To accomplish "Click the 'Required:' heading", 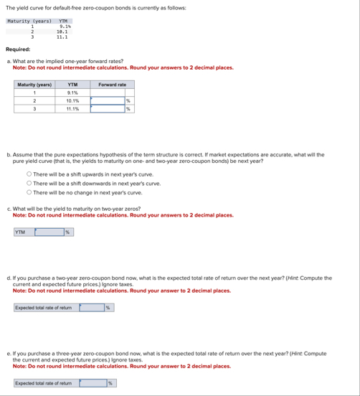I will tap(18, 49).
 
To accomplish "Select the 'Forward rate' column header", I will tap(113, 85).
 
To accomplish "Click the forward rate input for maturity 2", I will tap(107, 101).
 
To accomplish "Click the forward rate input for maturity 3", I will tap(107, 110).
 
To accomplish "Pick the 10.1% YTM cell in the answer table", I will tap(72, 101).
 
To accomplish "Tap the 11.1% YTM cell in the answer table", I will tap(72, 110).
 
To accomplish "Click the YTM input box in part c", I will tap(49, 232).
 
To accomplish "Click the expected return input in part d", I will tap(92, 308).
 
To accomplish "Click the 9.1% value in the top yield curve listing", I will tap(64, 26).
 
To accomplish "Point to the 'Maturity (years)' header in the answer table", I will tap(34, 85).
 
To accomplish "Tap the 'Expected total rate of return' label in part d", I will tap(44, 308).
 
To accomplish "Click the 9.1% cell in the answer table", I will tap(72, 93).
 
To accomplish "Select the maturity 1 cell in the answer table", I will tap(34, 93).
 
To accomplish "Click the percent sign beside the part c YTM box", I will tap(67, 232).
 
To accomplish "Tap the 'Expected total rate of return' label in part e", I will tap(44, 383).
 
